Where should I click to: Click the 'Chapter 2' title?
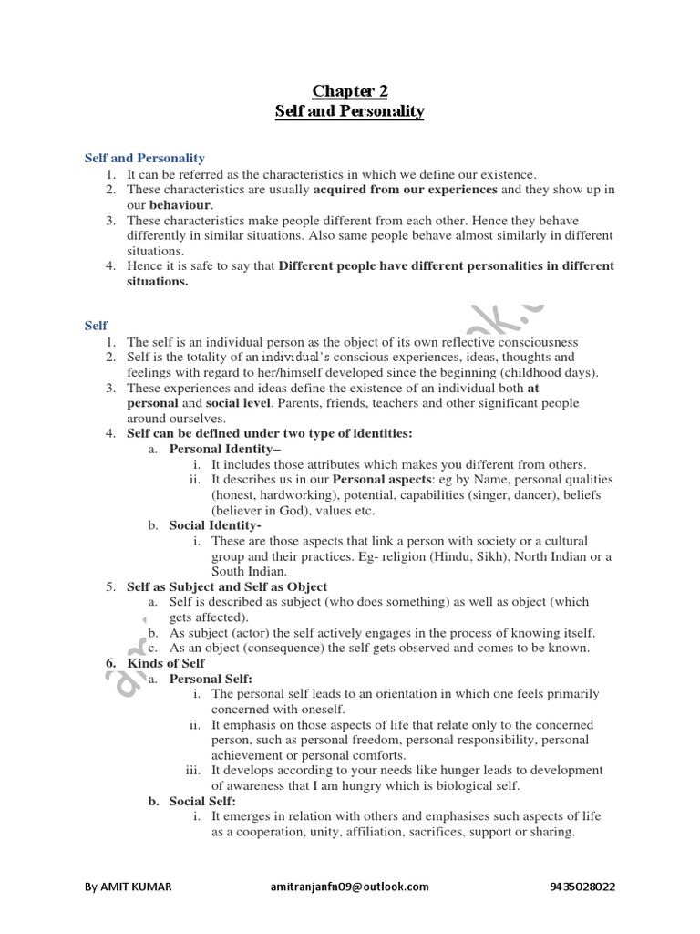point(350,90)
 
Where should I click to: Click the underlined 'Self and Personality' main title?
point(350,111)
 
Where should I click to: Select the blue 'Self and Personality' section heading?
point(145,159)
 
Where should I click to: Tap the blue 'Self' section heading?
point(96,325)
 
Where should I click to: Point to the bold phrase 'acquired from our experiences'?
point(406,190)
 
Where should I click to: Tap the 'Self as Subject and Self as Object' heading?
point(227,586)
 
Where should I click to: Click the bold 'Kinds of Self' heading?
point(166,663)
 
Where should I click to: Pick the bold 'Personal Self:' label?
point(211,679)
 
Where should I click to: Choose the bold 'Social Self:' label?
point(203,801)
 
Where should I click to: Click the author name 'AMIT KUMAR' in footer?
point(137,886)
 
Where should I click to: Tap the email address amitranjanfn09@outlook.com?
point(350,886)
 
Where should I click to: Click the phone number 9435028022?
point(583,886)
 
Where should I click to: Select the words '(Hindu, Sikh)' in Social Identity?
point(471,556)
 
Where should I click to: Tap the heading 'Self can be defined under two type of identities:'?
point(269,433)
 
